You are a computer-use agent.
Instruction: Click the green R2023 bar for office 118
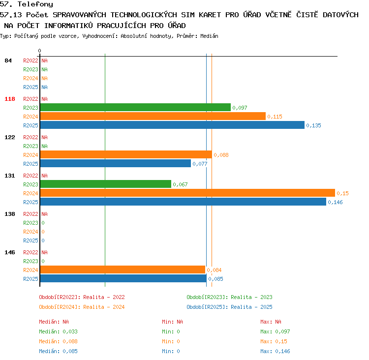pos(135,107)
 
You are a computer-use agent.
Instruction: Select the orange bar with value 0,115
pos(153,116)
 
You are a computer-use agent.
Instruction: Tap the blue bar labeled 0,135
pos(172,125)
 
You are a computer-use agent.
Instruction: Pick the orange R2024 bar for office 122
pos(126,154)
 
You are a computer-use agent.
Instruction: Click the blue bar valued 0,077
pos(116,163)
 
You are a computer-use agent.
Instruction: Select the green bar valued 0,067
pos(106,184)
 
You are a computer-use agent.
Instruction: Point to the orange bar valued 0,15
pos(187,193)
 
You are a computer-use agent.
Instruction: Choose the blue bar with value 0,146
pos(183,202)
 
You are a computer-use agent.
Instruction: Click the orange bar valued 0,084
pos(123,270)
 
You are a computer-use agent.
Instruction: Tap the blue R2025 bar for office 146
pos(123,278)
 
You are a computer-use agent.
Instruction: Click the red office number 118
pos(10,99)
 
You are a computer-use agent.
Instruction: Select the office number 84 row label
pos(8,60)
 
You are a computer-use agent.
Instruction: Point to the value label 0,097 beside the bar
pos(240,108)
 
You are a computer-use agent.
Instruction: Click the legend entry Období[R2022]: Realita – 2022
pos(82,297)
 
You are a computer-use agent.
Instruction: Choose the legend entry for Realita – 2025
pos(229,307)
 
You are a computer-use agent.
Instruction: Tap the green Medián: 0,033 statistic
pos(59,331)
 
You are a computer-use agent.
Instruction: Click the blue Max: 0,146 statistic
pos(275,351)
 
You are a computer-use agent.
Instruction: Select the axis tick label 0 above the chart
pos(39,51)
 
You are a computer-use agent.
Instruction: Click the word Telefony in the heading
pos(35,4)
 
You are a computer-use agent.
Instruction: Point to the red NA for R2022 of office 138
pos(44,214)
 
